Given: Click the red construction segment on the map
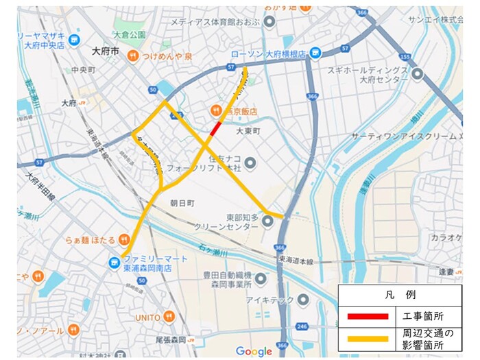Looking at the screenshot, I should (215, 129).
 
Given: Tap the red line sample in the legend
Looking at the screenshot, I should (368, 316).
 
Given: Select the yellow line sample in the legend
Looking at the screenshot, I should (368, 339).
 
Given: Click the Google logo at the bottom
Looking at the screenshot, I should (254, 351).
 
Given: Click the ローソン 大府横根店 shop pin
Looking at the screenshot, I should (315, 52).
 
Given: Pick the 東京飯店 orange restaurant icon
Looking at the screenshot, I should (215, 110).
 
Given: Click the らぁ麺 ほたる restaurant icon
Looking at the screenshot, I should (124, 239).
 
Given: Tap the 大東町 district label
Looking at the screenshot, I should (249, 130).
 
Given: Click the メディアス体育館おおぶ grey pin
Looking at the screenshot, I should (269, 22).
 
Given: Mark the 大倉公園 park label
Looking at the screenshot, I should (130, 35).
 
